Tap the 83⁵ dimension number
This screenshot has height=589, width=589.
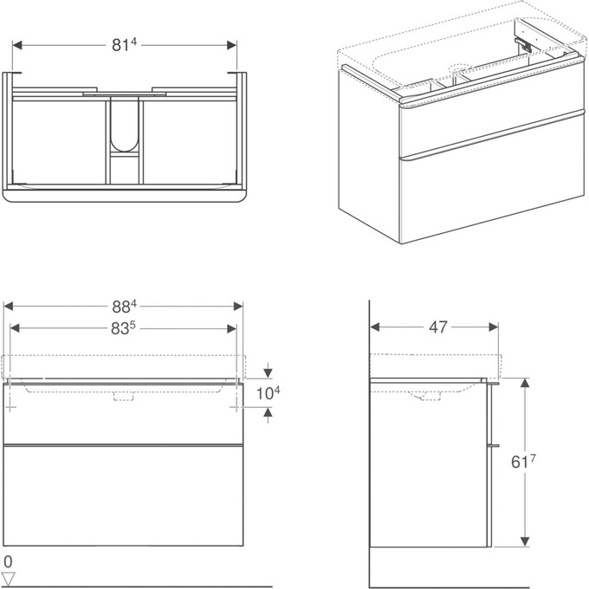125,328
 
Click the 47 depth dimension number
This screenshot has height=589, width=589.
438,327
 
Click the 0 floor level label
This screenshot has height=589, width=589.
8,561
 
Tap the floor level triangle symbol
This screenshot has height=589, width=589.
10,577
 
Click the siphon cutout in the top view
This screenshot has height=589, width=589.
123,130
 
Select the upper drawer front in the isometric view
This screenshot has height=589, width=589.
485,131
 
